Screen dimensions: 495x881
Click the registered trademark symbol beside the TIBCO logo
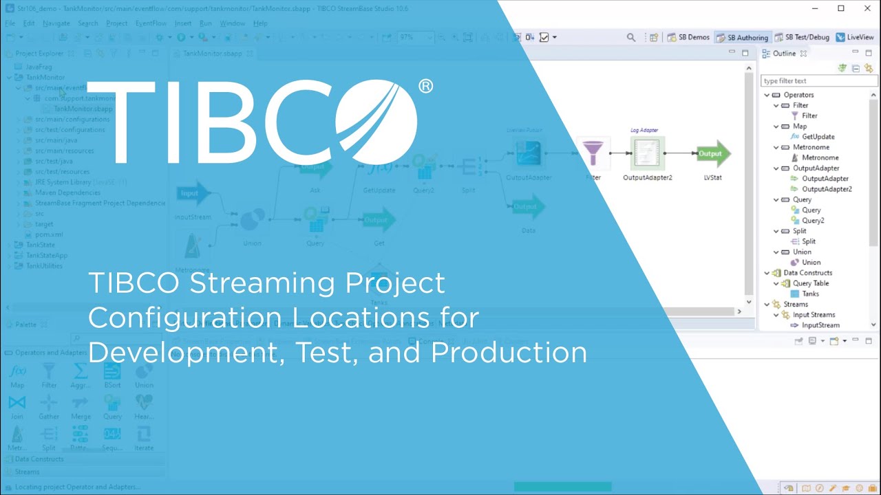coord(425,86)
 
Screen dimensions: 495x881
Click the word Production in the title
coord(509,353)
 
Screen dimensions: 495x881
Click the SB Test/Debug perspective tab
coord(802,37)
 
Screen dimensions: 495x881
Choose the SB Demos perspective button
coord(688,37)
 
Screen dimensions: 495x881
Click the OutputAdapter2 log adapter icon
coord(647,153)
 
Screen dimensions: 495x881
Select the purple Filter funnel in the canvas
coord(593,153)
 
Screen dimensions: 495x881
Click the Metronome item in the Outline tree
coord(820,157)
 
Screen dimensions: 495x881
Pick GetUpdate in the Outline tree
coord(818,137)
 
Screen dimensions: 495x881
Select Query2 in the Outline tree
coord(812,221)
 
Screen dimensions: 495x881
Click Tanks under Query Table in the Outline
coord(810,294)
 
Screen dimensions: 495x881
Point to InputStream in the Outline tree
coord(820,325)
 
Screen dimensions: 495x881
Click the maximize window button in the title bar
coord(841,8)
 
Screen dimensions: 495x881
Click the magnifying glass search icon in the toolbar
coord(631,38)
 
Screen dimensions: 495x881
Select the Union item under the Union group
coord(811,262)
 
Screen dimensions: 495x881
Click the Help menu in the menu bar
coord(260,23)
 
